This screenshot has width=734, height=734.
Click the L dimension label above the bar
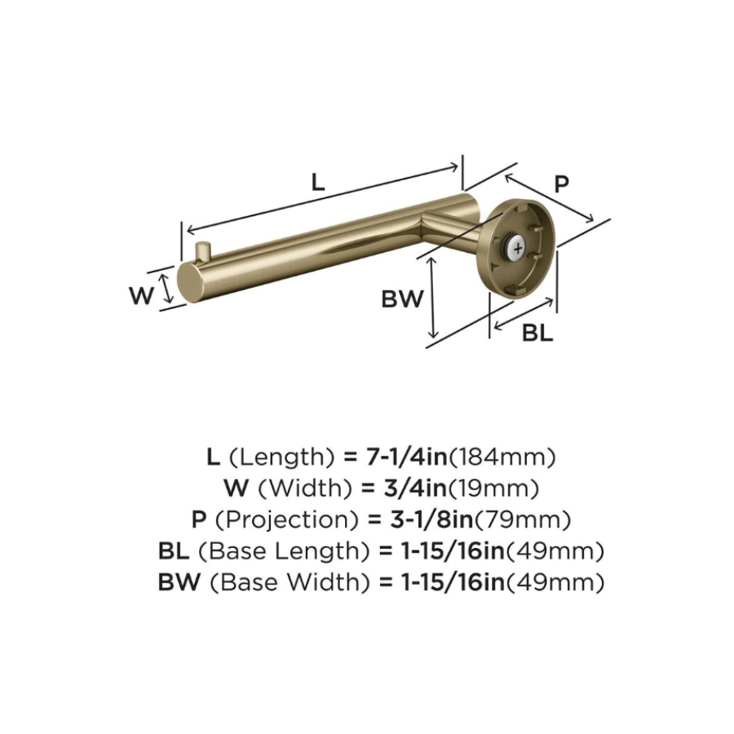click(318, 182)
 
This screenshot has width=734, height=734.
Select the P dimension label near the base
click(561, 184)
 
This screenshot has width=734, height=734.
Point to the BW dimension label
click(402, 299)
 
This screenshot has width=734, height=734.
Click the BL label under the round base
click(537, 333)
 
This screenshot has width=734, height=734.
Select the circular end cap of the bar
click(187, 282)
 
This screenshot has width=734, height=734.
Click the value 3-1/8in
click(422, 520)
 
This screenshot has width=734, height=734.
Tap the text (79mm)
click(522, 520)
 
